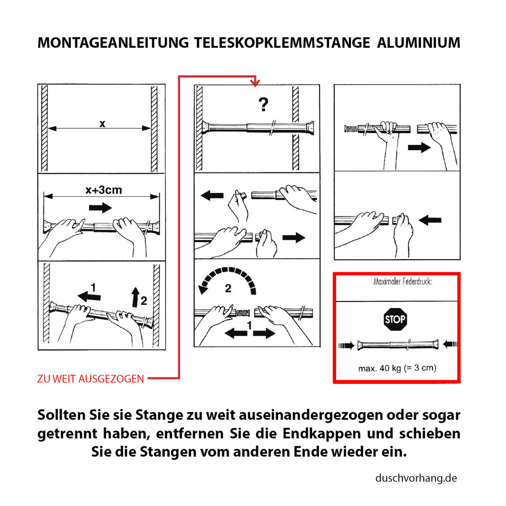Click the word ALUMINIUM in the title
pos(418,43)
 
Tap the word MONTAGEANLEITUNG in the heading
pos(113,43)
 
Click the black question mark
pos(263,105)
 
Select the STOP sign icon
pos(395,319)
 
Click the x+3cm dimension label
pos(104,190)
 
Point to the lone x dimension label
pos(102,124)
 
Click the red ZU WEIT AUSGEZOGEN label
pos(91,379)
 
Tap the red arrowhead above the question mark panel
pos(255,83)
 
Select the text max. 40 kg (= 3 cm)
pos(397,368)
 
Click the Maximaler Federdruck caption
pos(402,282)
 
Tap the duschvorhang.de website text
pos(416,478)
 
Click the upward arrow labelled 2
pos(135,297)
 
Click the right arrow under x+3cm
pos(100,208)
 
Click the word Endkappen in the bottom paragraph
pos(321,433)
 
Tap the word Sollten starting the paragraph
pos(61,415)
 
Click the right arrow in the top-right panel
pos(419,148)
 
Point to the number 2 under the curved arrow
pos(228,289)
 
